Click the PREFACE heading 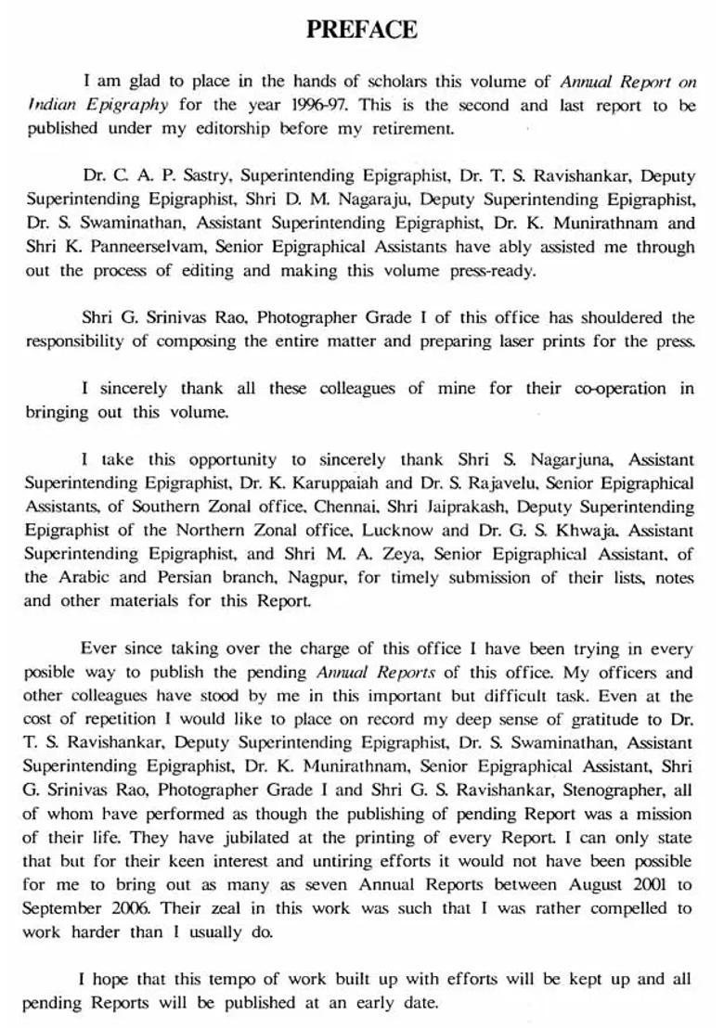[362, 30]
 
